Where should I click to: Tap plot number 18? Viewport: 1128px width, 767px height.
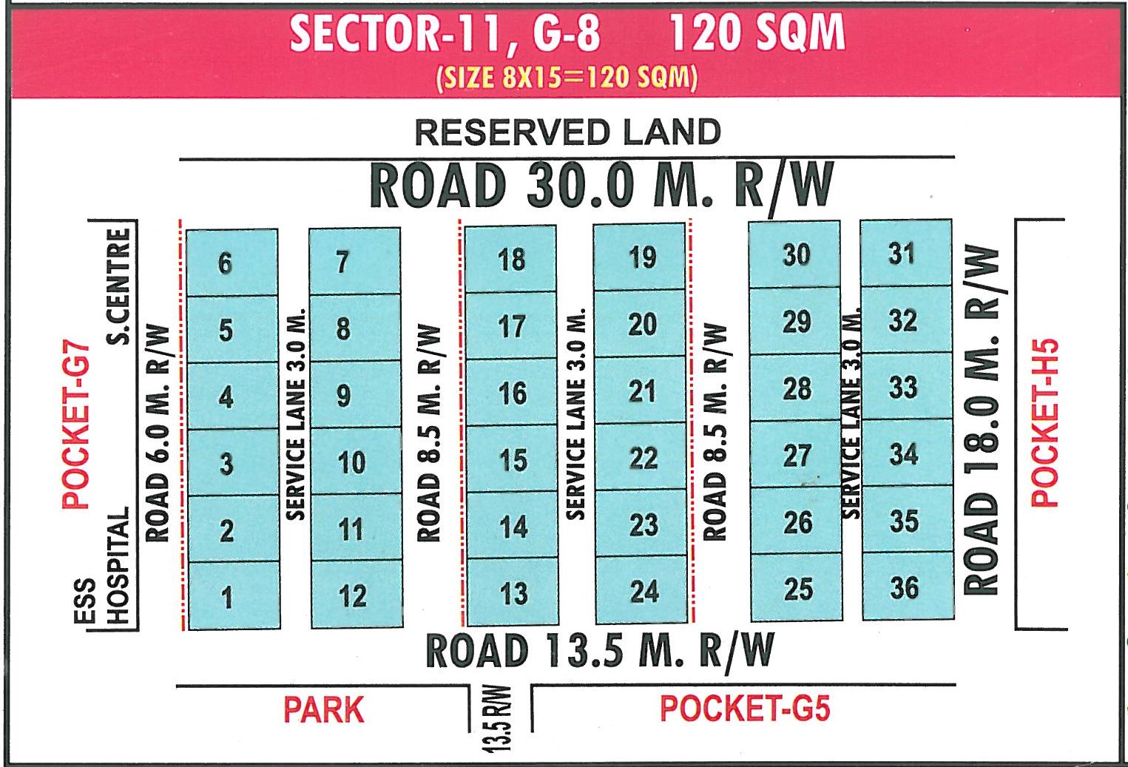click(511, 260)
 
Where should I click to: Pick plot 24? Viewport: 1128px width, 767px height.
click(644, 591)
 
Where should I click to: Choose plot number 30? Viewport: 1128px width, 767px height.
click(796, 254)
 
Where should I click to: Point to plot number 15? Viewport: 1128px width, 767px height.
click(513, 460)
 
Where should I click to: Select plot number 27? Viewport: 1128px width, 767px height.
click(797, 456)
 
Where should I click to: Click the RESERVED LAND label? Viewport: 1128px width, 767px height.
click(567, 133)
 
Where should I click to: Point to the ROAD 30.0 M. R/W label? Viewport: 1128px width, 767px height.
click(601, 185)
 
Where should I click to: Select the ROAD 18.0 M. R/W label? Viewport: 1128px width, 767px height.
click(982, 420)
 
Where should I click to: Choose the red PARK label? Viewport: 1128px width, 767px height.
click(323, 710)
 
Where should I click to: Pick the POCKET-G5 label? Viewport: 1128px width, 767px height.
click(744, 709)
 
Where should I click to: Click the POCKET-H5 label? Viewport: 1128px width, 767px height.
click(1044, 423)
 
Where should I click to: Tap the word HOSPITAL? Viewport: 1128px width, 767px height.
click(118, 566)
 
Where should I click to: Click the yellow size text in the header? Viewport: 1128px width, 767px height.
click(567, 78)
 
